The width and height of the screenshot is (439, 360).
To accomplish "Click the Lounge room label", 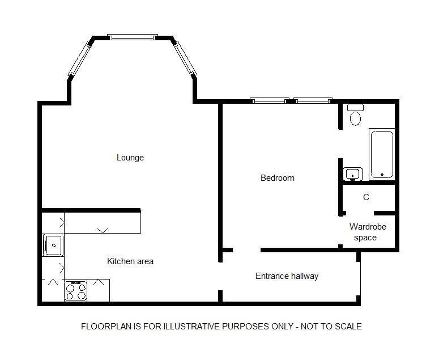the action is [x=130, y=158].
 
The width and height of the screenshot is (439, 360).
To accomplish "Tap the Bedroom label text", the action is [x=278, y=178].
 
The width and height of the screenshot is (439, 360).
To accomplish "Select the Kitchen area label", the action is [x=130, y=261].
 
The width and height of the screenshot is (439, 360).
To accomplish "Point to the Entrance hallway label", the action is [x=287, y=276].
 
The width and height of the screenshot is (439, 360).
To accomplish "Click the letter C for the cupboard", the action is [x=366, y=197].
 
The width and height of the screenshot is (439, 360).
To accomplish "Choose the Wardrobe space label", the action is [x=368, y=232].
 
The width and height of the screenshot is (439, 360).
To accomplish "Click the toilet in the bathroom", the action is [x=355, y=115].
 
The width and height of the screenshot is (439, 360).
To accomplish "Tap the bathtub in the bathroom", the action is [x=382, y=154].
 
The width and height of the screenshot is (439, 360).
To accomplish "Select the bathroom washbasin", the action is [x=353, y=174].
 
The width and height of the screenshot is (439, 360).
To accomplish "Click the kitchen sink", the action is [x=53, y=245].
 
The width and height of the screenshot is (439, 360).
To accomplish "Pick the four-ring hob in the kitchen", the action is [x=75, y=291].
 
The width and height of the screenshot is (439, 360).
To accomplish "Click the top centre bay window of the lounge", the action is [x=133, y=37].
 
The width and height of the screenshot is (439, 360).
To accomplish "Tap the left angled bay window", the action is [x=80, y=58].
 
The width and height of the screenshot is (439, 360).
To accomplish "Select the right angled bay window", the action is [x=185, y=58].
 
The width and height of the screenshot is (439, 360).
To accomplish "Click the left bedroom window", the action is [x=270, y=100].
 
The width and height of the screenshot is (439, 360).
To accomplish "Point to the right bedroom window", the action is [x=313, y=100].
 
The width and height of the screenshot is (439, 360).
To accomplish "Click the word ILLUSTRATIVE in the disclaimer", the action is [x=192, y=327].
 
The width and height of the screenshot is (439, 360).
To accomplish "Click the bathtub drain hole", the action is [x=382, y=175].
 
